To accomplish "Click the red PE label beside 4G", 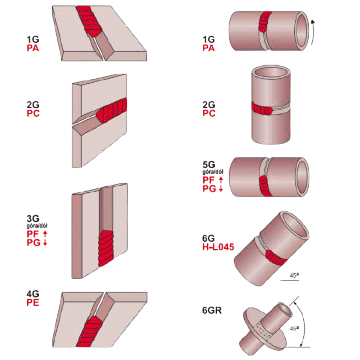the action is click(x=33, y=303).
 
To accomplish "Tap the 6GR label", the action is click(x=212, y=310).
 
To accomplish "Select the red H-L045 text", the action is click(x=218, y=247).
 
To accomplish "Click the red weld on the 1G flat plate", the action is click(x=89, y=21).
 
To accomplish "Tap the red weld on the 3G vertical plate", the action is click(x=106, y=248).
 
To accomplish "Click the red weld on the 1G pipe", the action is click(x=265, y=21).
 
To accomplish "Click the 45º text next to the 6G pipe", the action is click(x=294, y=275).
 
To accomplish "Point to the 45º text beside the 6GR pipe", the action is click(x=294, y=329).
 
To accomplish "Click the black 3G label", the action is click(x=33, y=218).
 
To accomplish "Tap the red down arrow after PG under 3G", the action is click(x=45, y=243).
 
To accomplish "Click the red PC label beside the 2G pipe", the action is click(x=209, y=113).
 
